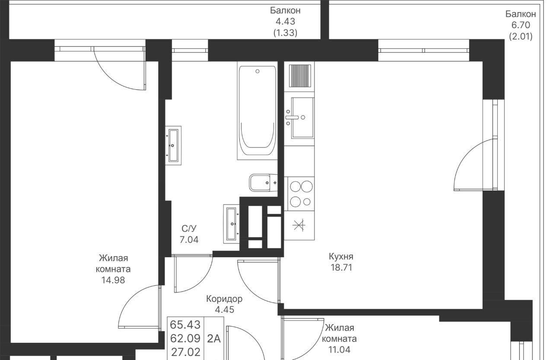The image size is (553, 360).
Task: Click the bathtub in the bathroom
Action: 257,110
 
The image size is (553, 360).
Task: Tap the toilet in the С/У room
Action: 263,183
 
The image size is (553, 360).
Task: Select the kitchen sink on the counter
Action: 302,118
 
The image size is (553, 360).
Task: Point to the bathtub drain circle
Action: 257,71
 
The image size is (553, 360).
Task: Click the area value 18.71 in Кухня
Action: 341,268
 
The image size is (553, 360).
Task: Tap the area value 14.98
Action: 113,280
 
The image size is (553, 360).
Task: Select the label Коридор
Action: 224,299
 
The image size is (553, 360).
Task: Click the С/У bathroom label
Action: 189,229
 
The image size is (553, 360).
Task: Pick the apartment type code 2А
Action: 213,338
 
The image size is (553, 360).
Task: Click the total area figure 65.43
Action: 185,325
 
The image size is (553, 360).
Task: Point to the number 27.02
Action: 186,352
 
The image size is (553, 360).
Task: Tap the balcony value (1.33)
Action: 285,32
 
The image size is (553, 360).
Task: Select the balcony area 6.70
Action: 521,25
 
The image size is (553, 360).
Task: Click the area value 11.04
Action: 339,350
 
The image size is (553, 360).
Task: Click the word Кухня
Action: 341,256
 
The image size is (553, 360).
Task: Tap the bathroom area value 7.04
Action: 189,239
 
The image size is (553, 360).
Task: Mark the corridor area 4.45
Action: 224,309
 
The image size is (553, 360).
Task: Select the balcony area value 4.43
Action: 286,22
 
